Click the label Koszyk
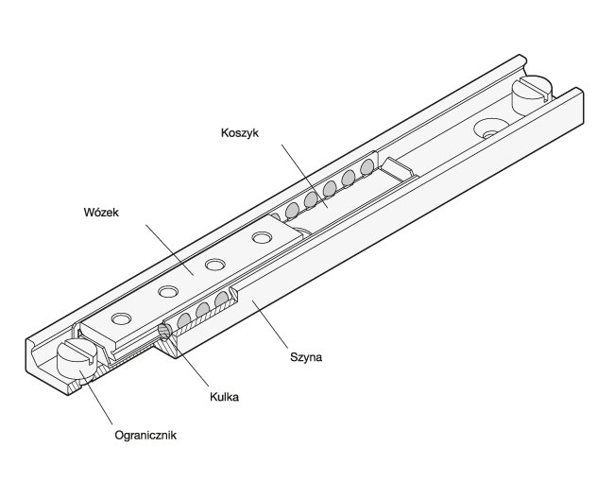pos(240,133)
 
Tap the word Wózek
pos(101,213)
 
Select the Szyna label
pos(306,357)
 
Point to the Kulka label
pos(224,397)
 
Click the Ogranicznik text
pos(145,436)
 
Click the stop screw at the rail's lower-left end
pos(77,357)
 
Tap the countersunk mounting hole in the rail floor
pos(490,129)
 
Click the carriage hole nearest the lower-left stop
pos(120,318)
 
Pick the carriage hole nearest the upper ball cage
pos(262,237)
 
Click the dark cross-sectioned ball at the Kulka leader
pos(165,332)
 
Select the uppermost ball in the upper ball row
pos(367,167)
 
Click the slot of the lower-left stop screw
pos(80,349)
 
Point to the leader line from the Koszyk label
pos(305,177)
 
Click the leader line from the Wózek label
pos(170,249)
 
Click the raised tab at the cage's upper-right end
pos(400,167)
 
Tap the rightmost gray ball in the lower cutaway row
pos(221,300)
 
